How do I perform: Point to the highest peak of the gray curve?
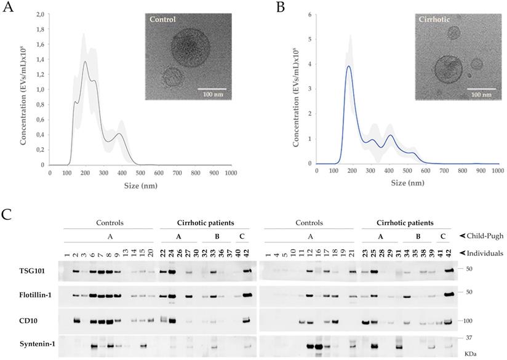tap(85, 62)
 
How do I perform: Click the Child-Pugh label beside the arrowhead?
tap(485, 235)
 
